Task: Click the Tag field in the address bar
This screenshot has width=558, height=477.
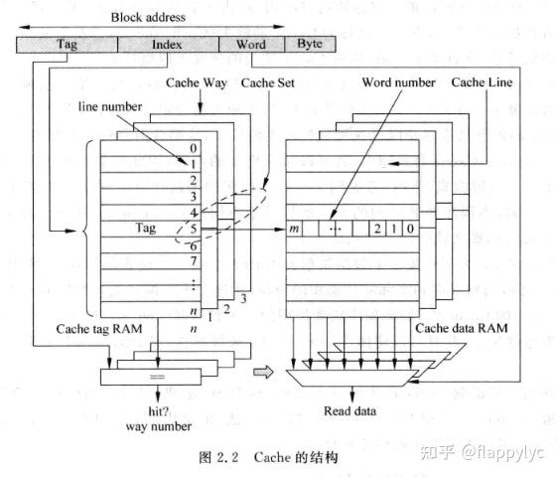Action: (x=67, y=45)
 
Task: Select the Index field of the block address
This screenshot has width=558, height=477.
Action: (x=167, y=45)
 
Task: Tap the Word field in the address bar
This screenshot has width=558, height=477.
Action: (x=250, y=45)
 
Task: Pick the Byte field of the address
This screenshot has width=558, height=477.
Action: (x=310, y=45)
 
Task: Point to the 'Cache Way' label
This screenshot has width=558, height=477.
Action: (x=198, y=83)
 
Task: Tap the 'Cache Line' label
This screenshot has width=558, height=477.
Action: (x=482, y=83)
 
